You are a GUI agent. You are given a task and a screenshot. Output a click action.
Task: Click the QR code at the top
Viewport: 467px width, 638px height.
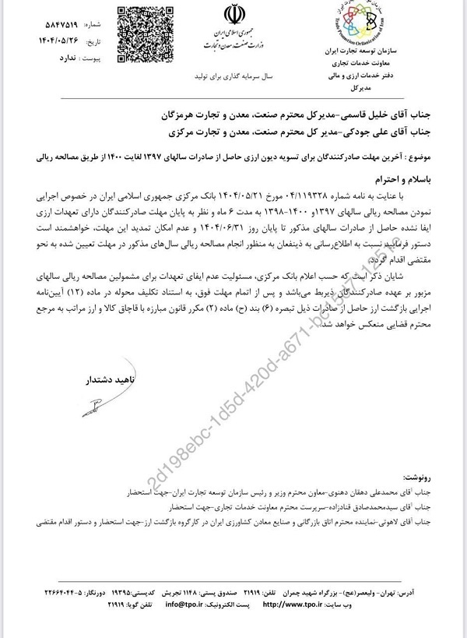click(x=142, y=29)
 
